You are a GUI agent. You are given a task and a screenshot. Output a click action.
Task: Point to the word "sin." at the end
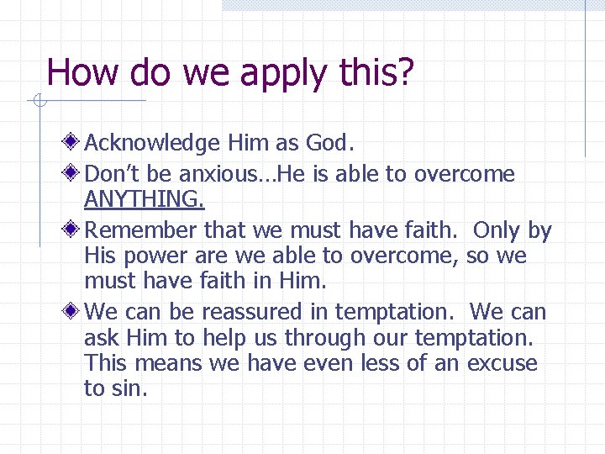(128, 388)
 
